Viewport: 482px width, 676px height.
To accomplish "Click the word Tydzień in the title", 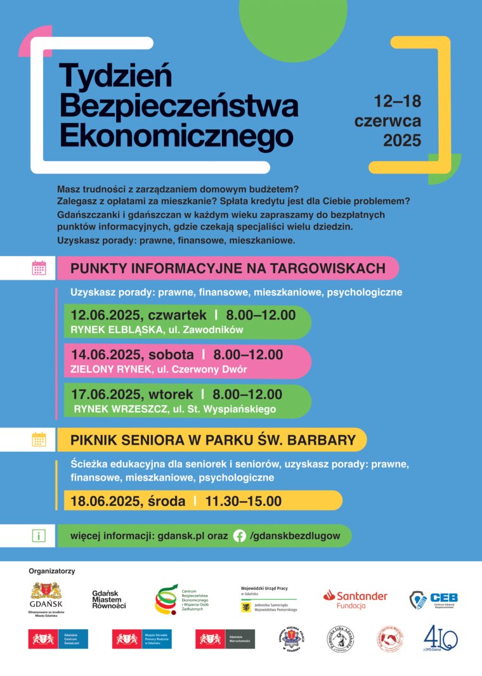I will coord(115,77).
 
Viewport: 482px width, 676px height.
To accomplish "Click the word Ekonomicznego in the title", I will coord(176,135).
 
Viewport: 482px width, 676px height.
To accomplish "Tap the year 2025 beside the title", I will coord(401,140).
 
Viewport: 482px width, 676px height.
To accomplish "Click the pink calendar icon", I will coord(39,268).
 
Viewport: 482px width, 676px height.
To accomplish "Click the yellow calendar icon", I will coord(39,439).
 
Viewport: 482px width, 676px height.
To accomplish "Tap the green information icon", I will coord(39,536).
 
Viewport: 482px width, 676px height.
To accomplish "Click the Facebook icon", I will coord(239,536).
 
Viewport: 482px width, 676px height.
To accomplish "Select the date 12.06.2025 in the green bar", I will coord(107,315).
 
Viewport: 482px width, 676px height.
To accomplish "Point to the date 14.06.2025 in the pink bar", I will coord(107,354).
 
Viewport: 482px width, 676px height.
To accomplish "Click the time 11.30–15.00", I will coord(243,501).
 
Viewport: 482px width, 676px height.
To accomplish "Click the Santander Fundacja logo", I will coord(355,599).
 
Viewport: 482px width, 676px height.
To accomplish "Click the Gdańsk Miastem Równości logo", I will coord(109,599).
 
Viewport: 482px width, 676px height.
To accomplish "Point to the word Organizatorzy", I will coord(52,571).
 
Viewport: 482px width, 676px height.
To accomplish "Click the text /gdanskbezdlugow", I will coord(295,536).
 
